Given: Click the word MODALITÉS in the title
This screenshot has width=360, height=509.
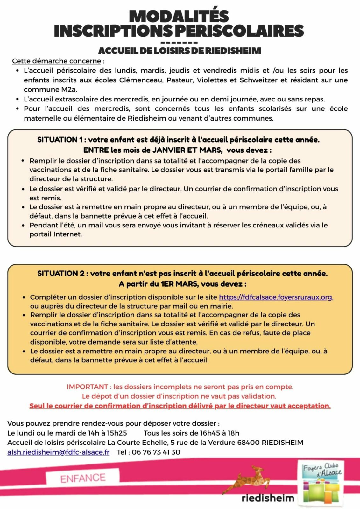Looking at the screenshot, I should (x=179, y=17).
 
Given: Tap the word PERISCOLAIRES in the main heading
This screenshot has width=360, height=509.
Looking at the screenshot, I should (x=239, y=31).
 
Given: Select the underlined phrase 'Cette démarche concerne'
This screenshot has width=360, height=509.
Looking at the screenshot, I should (x=56, y=61).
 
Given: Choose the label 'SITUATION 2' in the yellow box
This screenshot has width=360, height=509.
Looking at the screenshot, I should (x=60, y=274).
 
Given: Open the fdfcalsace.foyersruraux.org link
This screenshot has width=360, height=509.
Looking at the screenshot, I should (x=276, y=297).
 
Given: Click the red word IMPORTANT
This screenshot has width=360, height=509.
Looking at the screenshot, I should (x=87, y=387).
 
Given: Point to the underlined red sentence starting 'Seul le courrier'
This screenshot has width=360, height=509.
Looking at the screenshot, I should (x=180, y=406).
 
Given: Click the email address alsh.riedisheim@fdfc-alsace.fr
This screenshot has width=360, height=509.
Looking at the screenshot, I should (x=58, y=452).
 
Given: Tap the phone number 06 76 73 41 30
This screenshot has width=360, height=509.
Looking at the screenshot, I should (x=156, y=452).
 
